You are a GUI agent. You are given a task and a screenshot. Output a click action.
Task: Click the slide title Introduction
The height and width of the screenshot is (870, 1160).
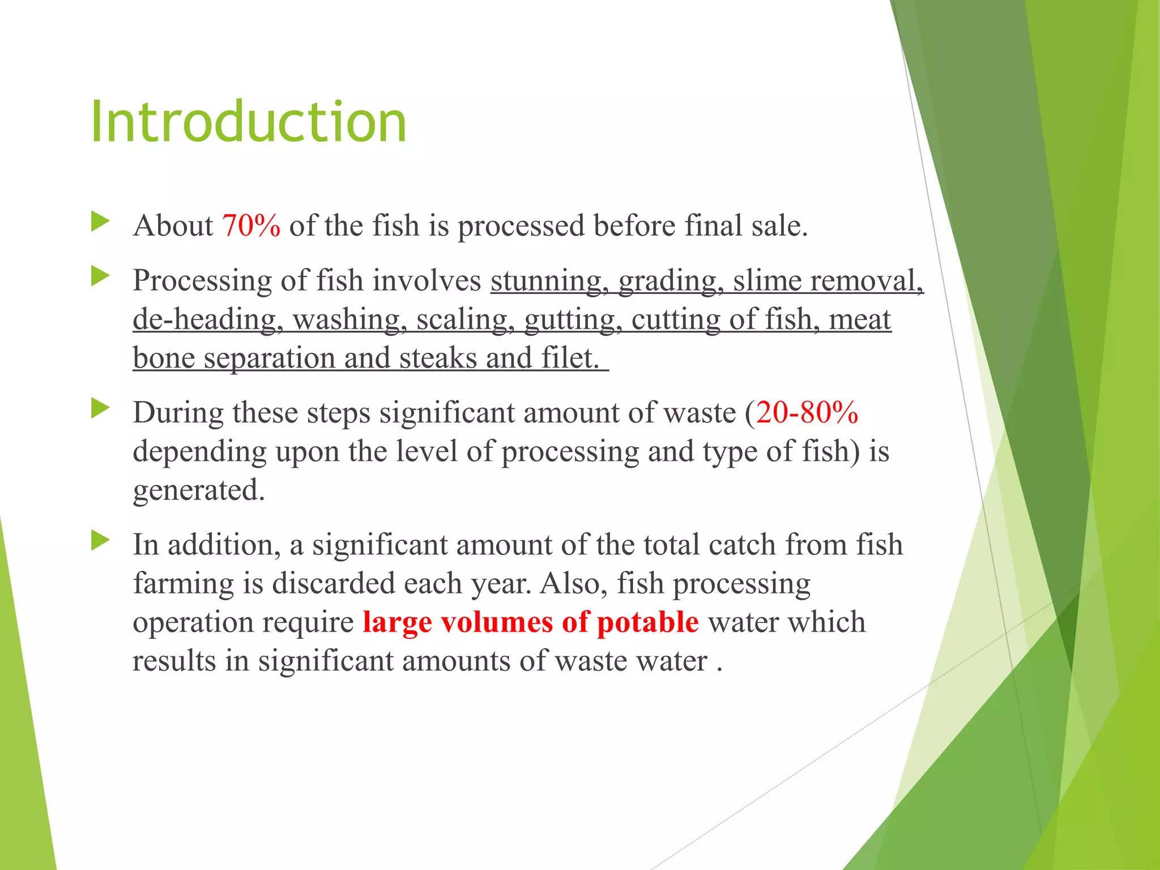click(248, 121)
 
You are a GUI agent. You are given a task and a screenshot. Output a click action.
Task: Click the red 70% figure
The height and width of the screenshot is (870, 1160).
click(251, 225)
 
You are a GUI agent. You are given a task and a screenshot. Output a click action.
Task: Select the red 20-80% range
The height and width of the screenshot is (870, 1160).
click(807, 412)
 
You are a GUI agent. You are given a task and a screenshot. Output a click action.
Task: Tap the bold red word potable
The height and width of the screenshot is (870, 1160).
click(648, 622)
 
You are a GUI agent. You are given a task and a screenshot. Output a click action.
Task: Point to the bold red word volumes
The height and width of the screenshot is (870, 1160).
click(497, 622)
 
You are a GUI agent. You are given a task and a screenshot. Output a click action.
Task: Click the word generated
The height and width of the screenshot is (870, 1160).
click(198, 491)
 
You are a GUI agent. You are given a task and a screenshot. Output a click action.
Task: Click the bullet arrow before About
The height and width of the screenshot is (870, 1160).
click(100, 221)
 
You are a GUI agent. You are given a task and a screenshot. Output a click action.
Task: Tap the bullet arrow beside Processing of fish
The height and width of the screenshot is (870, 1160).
click(100, 276)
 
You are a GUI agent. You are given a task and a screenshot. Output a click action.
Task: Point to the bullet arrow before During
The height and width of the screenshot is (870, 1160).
click(100, 408)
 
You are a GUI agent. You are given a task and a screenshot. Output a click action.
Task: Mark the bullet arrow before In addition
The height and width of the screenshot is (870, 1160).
click(100, 540)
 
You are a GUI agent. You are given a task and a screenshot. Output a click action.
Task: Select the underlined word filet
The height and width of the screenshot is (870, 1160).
click(570, 358)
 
